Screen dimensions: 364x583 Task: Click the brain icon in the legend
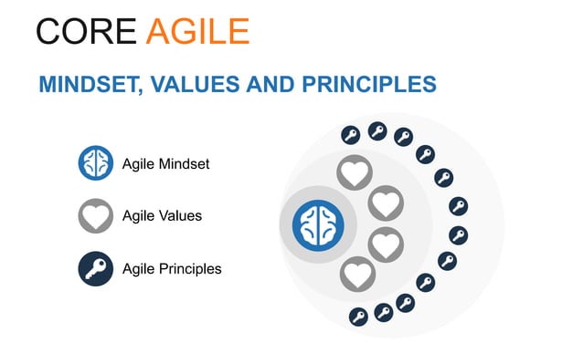click(95, 164)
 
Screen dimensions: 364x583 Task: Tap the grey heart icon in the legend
click(95, 216)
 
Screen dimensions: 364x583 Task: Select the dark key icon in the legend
click(95, 268)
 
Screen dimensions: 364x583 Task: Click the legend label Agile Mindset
click(165, 165)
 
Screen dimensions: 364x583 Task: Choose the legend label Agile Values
click(162, 216)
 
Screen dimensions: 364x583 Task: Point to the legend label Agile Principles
click(172, 268)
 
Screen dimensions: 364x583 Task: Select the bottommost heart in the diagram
click(356, 274)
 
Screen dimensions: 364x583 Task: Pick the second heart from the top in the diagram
click(385, 203)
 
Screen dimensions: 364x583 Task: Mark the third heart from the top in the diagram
click(385, 244)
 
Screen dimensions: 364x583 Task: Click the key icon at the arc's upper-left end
click(350, 136)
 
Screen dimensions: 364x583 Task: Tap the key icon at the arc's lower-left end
click(358, 317)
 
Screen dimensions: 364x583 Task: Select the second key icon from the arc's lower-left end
click(383, 313)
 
